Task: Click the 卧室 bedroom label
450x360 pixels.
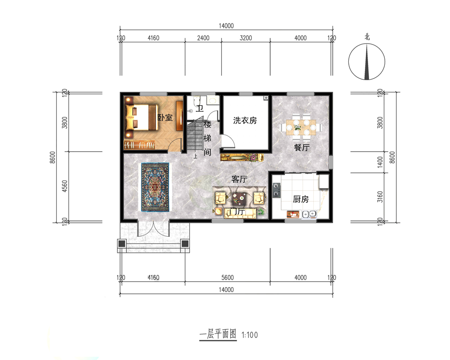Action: point(165,117)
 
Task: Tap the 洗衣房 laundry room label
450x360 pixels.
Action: point(245,120)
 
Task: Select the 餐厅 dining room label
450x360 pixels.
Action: point(301,148)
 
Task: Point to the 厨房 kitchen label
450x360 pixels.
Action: point(301,199)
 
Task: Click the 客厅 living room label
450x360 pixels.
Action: point(239,179)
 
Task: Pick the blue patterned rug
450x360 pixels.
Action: point(155,187)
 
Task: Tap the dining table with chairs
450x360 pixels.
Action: point(301,126)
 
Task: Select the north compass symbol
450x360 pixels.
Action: point(367,62)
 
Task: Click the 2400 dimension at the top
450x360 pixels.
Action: point(203,38)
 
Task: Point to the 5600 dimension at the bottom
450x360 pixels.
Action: point(227,278)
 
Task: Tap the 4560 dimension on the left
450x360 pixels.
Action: point(65,186)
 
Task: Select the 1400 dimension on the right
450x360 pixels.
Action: point(380,162)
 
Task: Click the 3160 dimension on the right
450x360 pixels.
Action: point(380,197)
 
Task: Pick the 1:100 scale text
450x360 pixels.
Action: point(250,335)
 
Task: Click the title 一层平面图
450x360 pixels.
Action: point(218,334)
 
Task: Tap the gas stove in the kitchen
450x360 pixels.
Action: point(276,190)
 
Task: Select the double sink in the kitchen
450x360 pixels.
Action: point(309,214)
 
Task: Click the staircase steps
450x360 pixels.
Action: point(195,135)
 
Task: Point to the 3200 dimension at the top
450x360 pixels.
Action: point(246,38)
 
